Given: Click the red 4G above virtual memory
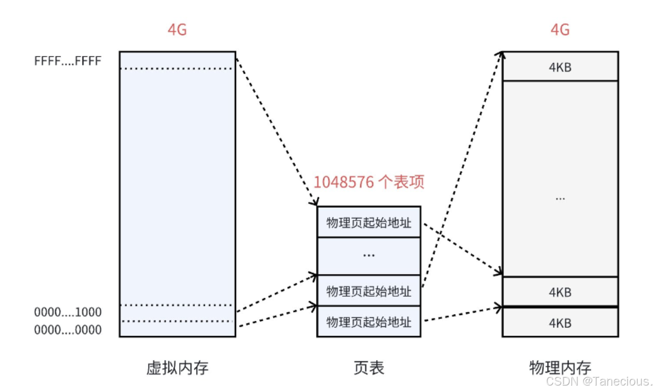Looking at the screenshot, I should pyautogui.click(x=177, y=30).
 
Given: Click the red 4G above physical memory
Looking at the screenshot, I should pyautogui.click(x=560, y=30).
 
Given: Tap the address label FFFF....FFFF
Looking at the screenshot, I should pyautogui.click(x=68, y=61).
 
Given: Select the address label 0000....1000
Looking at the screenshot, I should pyautogui.click(x=68, y=312).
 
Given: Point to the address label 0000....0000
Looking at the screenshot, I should pyautogui.click(x=68, y=330).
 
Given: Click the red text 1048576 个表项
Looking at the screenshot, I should pyautogui.click(x=369, y=182).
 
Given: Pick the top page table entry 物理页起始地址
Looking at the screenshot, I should pyautogui.click(x=369, y=222).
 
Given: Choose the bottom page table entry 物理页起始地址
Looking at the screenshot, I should pyautogui.click(x=369, y=322).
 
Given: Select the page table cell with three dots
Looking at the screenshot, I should pyautogui.click(x=369, y=256).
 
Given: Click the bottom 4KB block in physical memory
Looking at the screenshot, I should pyautogui.click(x=560, y=323).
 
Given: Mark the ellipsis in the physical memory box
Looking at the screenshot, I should pyautogui.click(x=560, y=198).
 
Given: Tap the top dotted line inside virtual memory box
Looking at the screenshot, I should pyautogui.click(x=177, y=69).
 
